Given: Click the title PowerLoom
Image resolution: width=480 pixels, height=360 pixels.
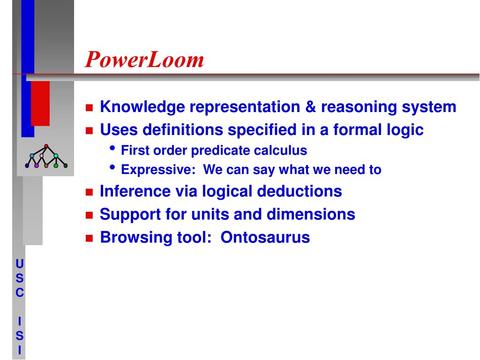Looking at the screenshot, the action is click(x=144, y=59).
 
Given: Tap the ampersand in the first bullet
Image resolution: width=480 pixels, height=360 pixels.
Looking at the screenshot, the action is click(x=310, y=107).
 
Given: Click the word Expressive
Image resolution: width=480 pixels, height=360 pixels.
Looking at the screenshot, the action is click(x=158, y=170).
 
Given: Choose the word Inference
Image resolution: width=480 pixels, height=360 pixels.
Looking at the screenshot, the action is click(x=135, y=191).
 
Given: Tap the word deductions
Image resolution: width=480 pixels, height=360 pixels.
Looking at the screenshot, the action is click(x=300, y=191).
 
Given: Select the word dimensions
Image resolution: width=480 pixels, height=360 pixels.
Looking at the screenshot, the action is click(x=311, y=214).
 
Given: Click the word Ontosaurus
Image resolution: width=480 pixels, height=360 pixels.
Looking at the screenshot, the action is click(x=265, y=237).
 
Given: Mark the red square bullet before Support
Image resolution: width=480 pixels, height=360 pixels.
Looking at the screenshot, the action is click(x=89, y=215).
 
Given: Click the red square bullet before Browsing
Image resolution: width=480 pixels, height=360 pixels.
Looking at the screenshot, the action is click(x=89, y=239).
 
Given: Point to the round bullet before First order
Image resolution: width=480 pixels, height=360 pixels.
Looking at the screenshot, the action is click(x=112, y=148).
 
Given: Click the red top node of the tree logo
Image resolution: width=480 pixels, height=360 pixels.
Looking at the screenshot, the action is click(x=46, y=146).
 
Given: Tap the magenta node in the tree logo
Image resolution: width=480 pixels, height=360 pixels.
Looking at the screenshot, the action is click(x=37, y=165).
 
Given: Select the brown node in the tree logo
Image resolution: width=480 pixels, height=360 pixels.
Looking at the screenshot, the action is click(x=46, y=165).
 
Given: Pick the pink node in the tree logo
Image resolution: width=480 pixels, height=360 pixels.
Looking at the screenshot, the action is click(x=42, y=156).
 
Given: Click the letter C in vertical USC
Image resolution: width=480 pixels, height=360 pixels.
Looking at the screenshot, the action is click(x=20, y=292).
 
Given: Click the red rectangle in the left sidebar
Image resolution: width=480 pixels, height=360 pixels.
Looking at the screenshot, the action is click(x=40, y=104).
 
